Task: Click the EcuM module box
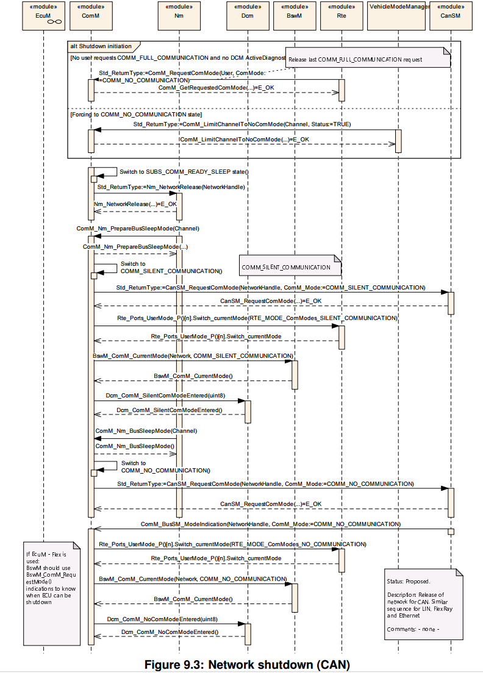coord(43,16)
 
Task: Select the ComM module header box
coord(91,16)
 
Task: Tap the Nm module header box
coord(179,16)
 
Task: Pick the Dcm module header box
coord(248,16)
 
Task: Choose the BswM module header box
coord(295,16)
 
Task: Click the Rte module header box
coord(342,16)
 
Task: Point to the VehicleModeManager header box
coord(398,16)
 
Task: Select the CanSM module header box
coord(451,16)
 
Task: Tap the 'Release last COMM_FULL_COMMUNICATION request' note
coord(368,57)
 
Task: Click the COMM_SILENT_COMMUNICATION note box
coord(290,265)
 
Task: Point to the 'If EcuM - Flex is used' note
coord(51,594)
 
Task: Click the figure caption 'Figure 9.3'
coord(248,664)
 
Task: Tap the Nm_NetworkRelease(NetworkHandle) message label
coord(171,187)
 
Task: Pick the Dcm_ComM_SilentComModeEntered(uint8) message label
coord(165,395)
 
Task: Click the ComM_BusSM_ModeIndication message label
coord(271,524)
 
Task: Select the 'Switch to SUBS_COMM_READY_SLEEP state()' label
coord(184,172)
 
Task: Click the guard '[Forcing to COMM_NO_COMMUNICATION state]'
coord(136,115)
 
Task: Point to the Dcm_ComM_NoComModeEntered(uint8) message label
coord(162,619)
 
